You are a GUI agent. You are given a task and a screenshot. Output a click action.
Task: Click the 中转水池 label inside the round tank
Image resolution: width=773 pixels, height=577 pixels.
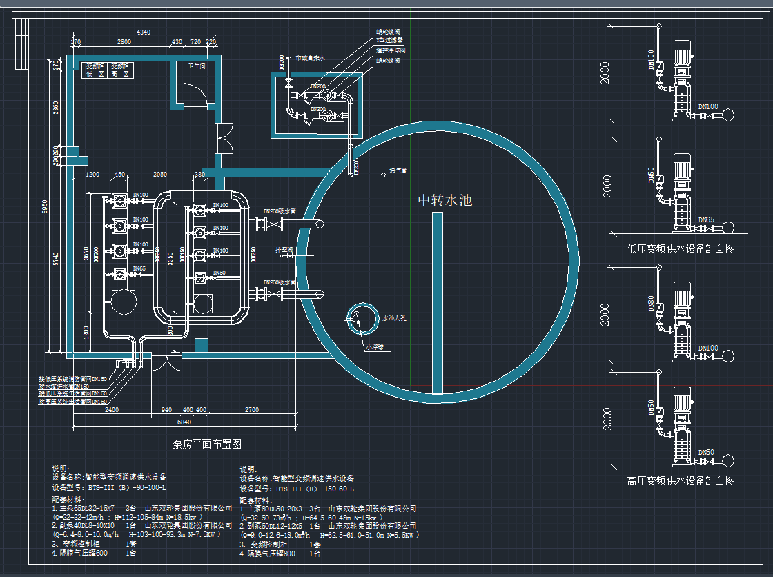(x=445, y=201)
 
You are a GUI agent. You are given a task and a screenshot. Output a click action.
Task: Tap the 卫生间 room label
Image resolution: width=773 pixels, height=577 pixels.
(x=197, y=67)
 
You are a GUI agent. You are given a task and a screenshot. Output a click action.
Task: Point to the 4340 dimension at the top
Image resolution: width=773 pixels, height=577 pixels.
(x=143, y=32)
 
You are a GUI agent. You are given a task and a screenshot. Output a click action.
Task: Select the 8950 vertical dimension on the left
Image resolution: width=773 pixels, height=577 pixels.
(x=45, y=207)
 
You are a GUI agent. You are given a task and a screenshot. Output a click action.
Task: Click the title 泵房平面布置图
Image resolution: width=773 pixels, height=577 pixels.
(x=206, y=444)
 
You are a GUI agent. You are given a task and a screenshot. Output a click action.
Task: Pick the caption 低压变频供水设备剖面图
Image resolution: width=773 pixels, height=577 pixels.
(x=681, y=249)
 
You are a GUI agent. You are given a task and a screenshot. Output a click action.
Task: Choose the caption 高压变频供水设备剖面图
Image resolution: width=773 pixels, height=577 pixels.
(x=681, y=480)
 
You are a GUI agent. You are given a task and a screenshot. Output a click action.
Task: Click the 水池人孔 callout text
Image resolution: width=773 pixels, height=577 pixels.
(x=394, y=320)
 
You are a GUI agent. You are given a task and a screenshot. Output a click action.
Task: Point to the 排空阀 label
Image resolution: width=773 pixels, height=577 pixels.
(x=284, y=249)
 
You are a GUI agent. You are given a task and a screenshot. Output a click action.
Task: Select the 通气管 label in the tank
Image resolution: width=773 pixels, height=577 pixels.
(x=398, y=170)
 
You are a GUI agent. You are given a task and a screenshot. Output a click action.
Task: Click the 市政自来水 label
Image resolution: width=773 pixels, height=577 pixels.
(x=309, y=59)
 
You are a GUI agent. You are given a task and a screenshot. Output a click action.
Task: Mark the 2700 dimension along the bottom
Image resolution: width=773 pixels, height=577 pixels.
(x=252, y=410)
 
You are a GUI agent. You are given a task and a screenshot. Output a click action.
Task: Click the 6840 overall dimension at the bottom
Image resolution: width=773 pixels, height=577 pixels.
(x=184, y=422)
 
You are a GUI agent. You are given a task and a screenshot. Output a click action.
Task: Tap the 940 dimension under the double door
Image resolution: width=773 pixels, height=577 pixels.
(x=166, y=410)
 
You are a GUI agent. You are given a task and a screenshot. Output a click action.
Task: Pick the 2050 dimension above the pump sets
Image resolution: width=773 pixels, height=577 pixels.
(x=159, y=175)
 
